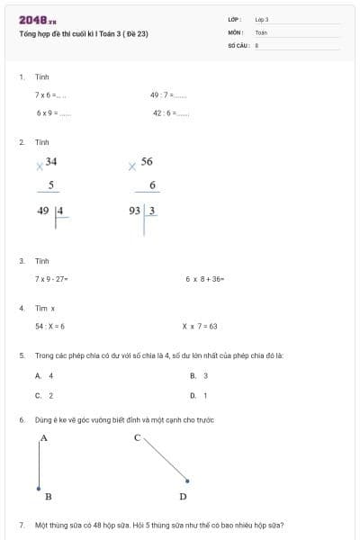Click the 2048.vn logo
(x=37, y=20)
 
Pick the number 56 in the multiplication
(x=147, y=161)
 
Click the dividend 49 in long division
(x=43, y=211)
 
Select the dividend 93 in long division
(x=135, y=211)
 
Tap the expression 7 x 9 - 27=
(x=52, y=279)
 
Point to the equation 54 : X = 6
(x=49, y=327)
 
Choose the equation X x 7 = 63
(x=200, y=327)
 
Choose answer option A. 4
(x=44, y=375)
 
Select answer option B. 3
(x=199, y=375)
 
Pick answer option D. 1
(x=199, y=395)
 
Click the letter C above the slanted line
(x=137, y=437)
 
